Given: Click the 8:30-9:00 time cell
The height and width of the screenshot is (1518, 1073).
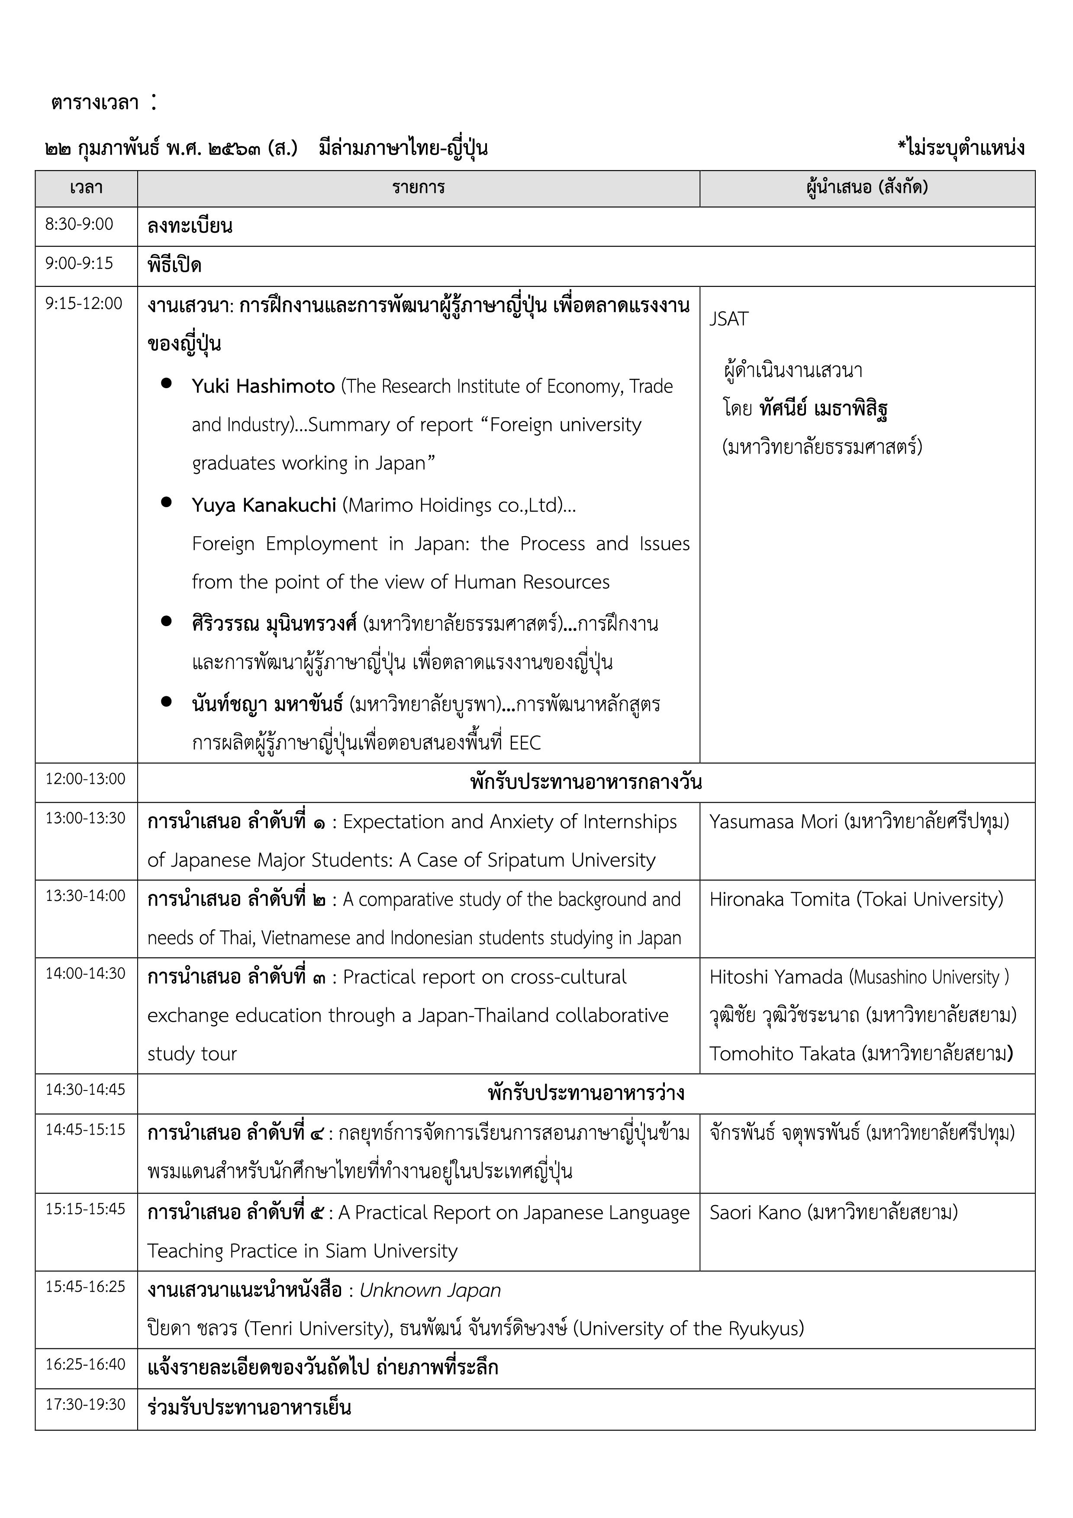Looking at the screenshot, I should point(79,225).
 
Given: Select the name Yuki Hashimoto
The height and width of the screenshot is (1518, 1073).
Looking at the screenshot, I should point(263,386).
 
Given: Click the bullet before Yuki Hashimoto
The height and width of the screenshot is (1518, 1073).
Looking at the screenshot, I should point(167,383).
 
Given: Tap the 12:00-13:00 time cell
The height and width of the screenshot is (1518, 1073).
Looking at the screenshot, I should point(85,779).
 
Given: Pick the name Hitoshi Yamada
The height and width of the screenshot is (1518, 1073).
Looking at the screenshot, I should point(776,977).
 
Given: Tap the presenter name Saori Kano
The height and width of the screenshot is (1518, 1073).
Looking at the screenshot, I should point(755,1212).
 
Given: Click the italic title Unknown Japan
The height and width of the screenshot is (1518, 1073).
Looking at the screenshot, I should point(430,1290).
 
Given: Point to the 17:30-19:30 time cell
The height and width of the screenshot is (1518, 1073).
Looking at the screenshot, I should point(85,1404).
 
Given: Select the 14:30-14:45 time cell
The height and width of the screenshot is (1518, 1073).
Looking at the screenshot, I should point(85,1090).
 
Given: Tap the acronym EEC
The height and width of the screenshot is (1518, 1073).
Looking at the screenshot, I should point(525,743).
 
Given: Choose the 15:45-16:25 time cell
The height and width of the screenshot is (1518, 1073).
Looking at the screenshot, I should point(85,1286).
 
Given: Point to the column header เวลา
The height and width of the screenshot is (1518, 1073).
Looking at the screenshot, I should point(86,188).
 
